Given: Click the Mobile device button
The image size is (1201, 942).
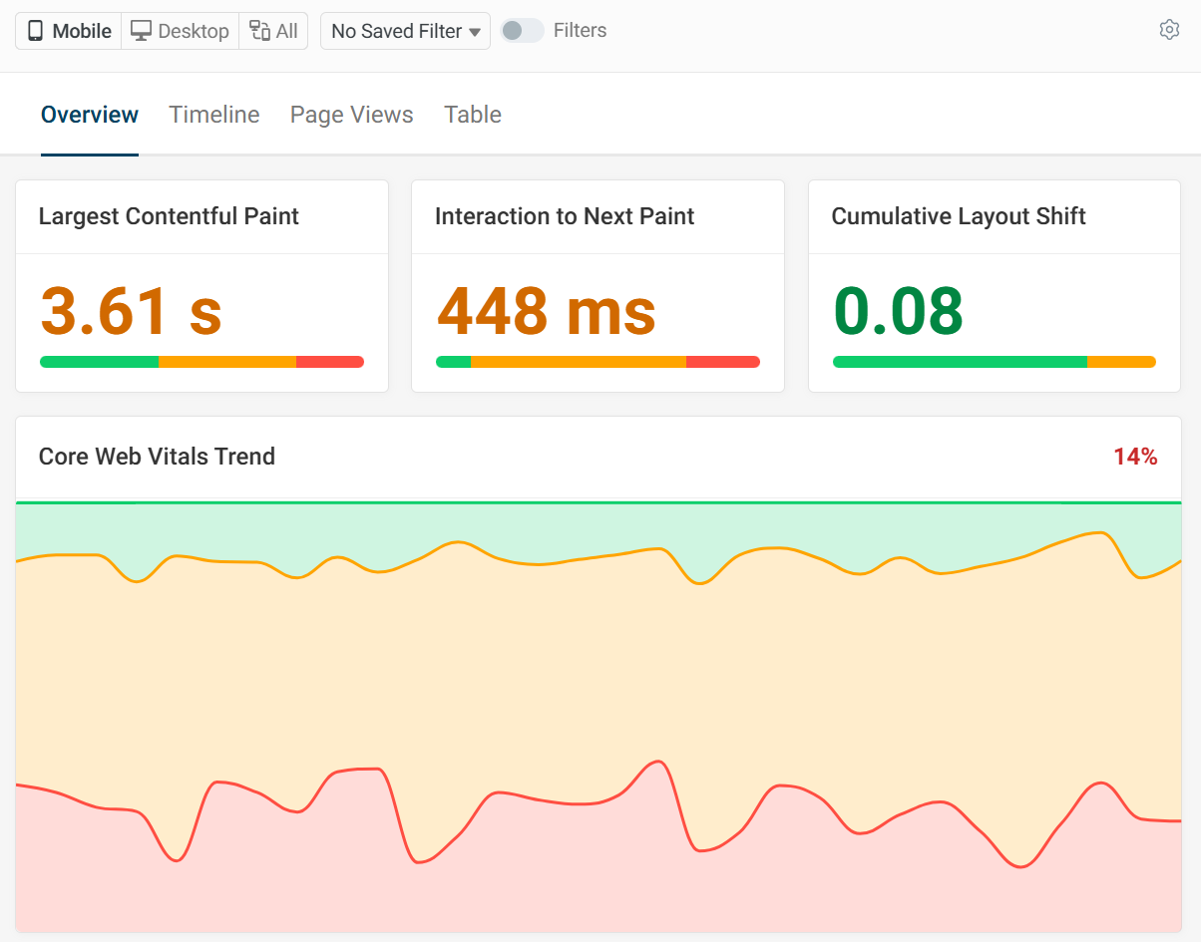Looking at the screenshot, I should point(69,31).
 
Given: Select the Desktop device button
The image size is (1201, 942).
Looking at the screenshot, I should point(181,31).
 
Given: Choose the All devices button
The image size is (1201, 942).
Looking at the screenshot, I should point(273,31).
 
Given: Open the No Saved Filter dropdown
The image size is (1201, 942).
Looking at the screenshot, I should point(405,31).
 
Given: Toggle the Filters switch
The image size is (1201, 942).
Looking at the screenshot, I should point(523,31).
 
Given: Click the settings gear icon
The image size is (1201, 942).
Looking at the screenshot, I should point(1169,30).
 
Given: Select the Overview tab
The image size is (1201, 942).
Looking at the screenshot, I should point(90,115).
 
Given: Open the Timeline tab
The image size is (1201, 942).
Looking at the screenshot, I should point(214,115).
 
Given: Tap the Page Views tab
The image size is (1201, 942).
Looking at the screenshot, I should point(351,115).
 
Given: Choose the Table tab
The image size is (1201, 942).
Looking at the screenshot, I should point(473,115).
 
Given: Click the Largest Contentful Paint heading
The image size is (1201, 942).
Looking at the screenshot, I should point(169,216).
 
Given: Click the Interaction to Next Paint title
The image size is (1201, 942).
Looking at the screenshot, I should point(565,216).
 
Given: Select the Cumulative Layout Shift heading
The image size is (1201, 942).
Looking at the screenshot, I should point(959,216).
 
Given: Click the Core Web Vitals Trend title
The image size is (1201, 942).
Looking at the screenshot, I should point(157,457).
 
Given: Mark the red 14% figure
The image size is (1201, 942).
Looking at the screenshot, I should point(1135,457).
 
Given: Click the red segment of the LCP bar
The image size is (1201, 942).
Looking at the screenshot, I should point(330,362).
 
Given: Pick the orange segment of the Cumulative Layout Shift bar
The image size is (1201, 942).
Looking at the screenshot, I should point(1121,362).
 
